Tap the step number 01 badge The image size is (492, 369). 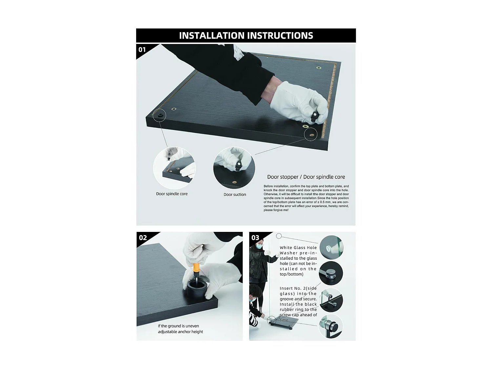[x=142, y=50]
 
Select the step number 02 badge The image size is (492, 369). [x=143, y=237]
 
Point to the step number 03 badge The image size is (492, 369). [x=255, y=237]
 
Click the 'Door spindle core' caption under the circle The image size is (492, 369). [x=172, y=194]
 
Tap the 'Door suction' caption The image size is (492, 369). [x=235, y=195]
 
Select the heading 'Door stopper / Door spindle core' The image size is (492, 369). [x=306, y=177]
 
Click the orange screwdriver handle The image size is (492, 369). [x=196, y=269]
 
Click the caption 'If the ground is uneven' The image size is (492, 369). [x=178, y=326]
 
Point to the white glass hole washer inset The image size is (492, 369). [x=332, y=247]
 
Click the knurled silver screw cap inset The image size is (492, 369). [x=331, y=273]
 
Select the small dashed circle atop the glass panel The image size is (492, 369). [x=279, y=236]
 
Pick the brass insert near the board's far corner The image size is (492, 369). [x=319, y=68]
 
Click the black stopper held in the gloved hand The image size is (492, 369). [x=314, y=116]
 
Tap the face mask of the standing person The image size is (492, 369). [x=259, y=246]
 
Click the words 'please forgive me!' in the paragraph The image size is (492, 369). [x=276, y=210]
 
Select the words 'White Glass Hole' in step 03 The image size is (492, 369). [x=298, y=248]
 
